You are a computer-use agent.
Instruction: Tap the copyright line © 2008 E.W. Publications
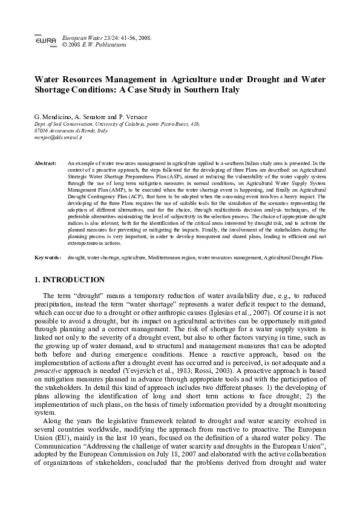point(95,45)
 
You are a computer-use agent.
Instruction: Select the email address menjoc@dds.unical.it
point(59,137)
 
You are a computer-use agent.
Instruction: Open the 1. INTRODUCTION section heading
point(70,280)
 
